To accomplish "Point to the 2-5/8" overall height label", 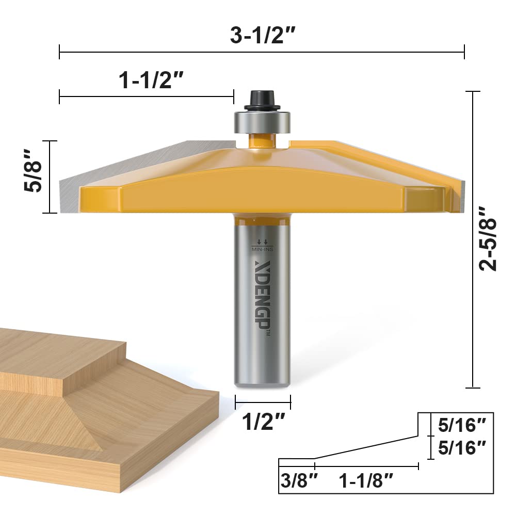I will [487, 238].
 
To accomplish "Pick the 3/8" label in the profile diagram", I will [297, 481].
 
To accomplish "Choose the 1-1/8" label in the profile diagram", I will [366, 481].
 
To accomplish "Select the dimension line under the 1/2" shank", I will [263, 401].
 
